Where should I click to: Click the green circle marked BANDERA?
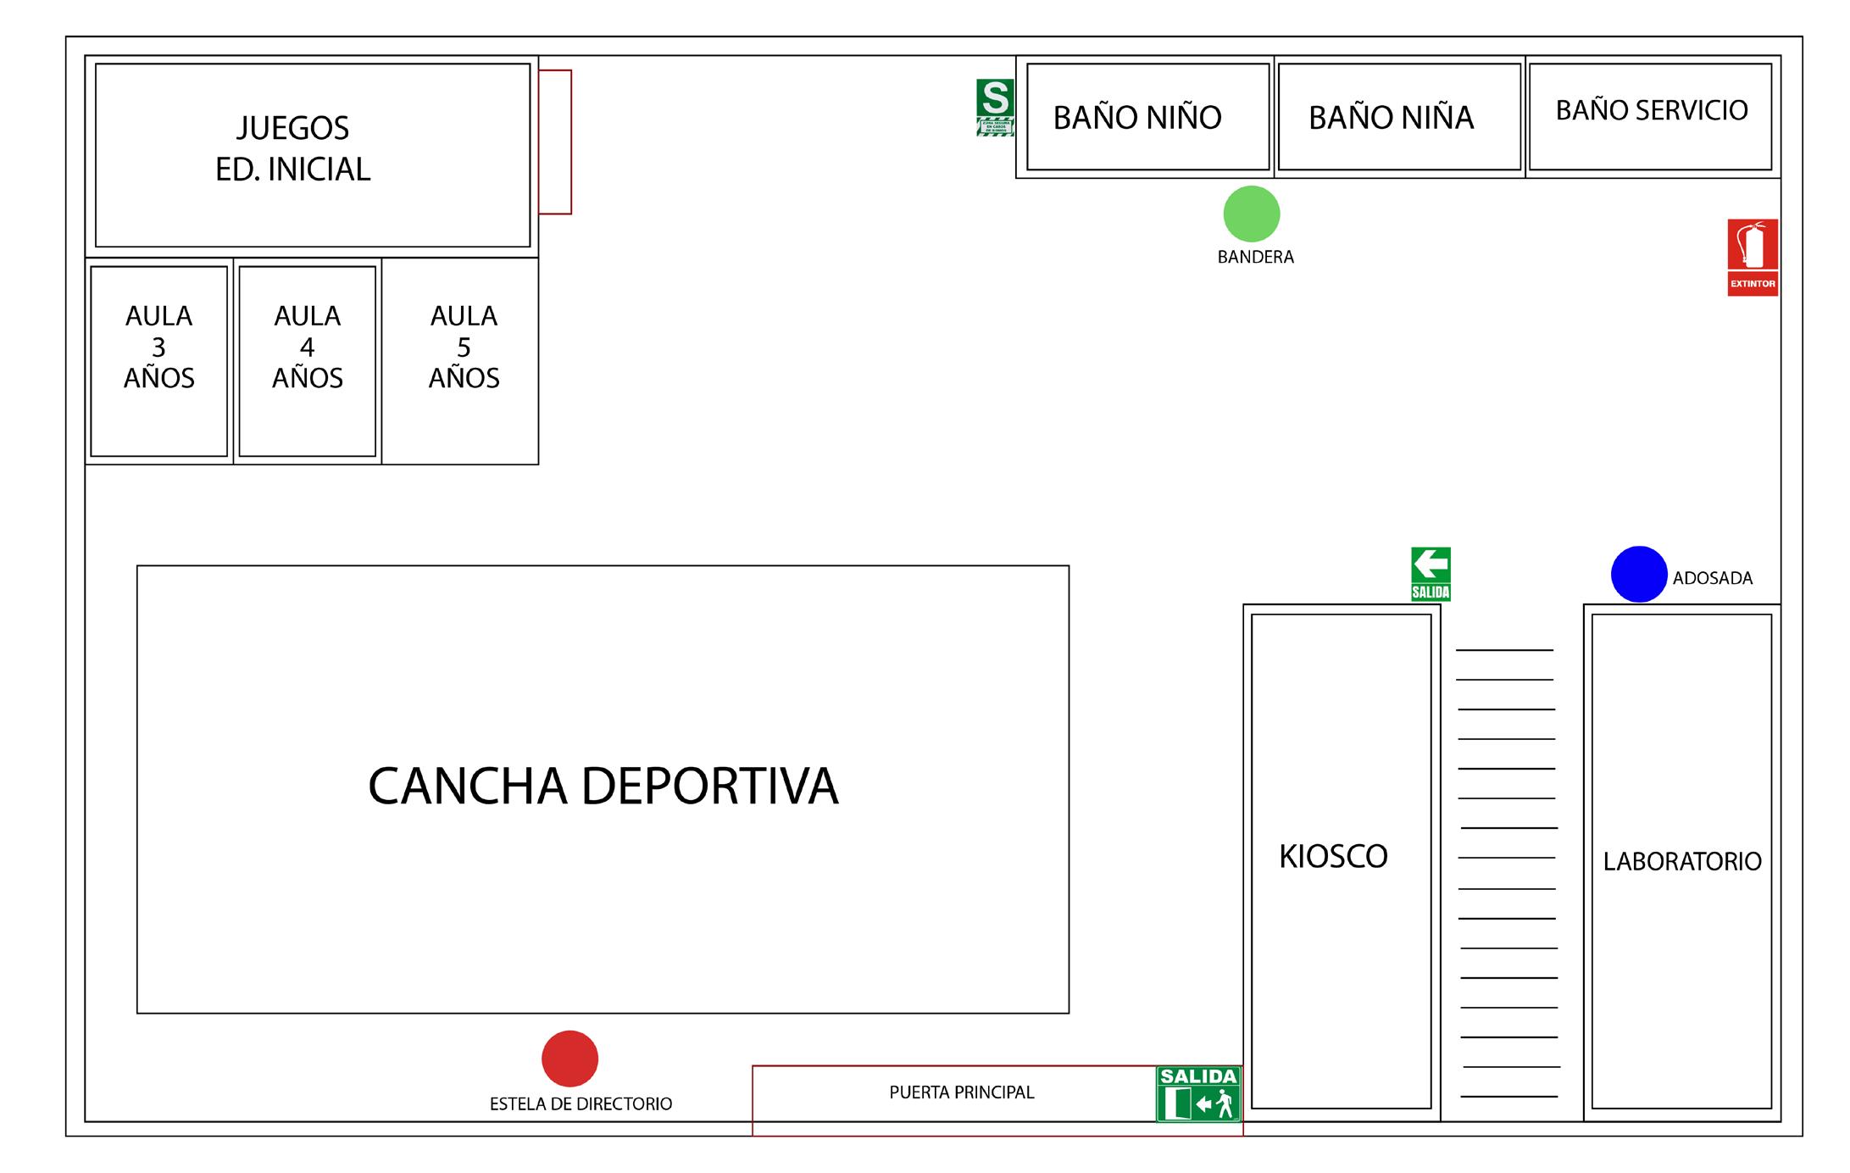[x=1251, y=214]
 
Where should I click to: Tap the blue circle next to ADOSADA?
[x=1638, y=574]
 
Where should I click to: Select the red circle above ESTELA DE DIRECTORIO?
[x=569, y=1058]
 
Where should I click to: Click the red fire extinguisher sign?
[x=1752, y=257]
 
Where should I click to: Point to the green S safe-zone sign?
[x=994, y=107]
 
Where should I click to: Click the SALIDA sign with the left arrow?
[x=1430, y=574]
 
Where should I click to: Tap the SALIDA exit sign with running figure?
[x=1198, y=1094]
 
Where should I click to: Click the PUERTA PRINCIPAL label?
[x=961, y=1092]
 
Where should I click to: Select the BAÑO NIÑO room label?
[x=1137, y=118]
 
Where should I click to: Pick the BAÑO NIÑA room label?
[x=1391, y=118]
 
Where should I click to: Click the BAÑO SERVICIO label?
[x=1651, y=110]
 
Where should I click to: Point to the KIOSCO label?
[x=1333, y=856]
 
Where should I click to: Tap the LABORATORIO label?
[x=1681, y=861]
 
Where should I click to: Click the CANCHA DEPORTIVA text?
[x=603, y=786]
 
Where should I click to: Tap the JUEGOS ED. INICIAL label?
[x=292, y=148]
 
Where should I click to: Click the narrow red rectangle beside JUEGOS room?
[x=555, y=142]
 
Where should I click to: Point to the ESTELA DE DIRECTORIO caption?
[x=581, y=1104]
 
